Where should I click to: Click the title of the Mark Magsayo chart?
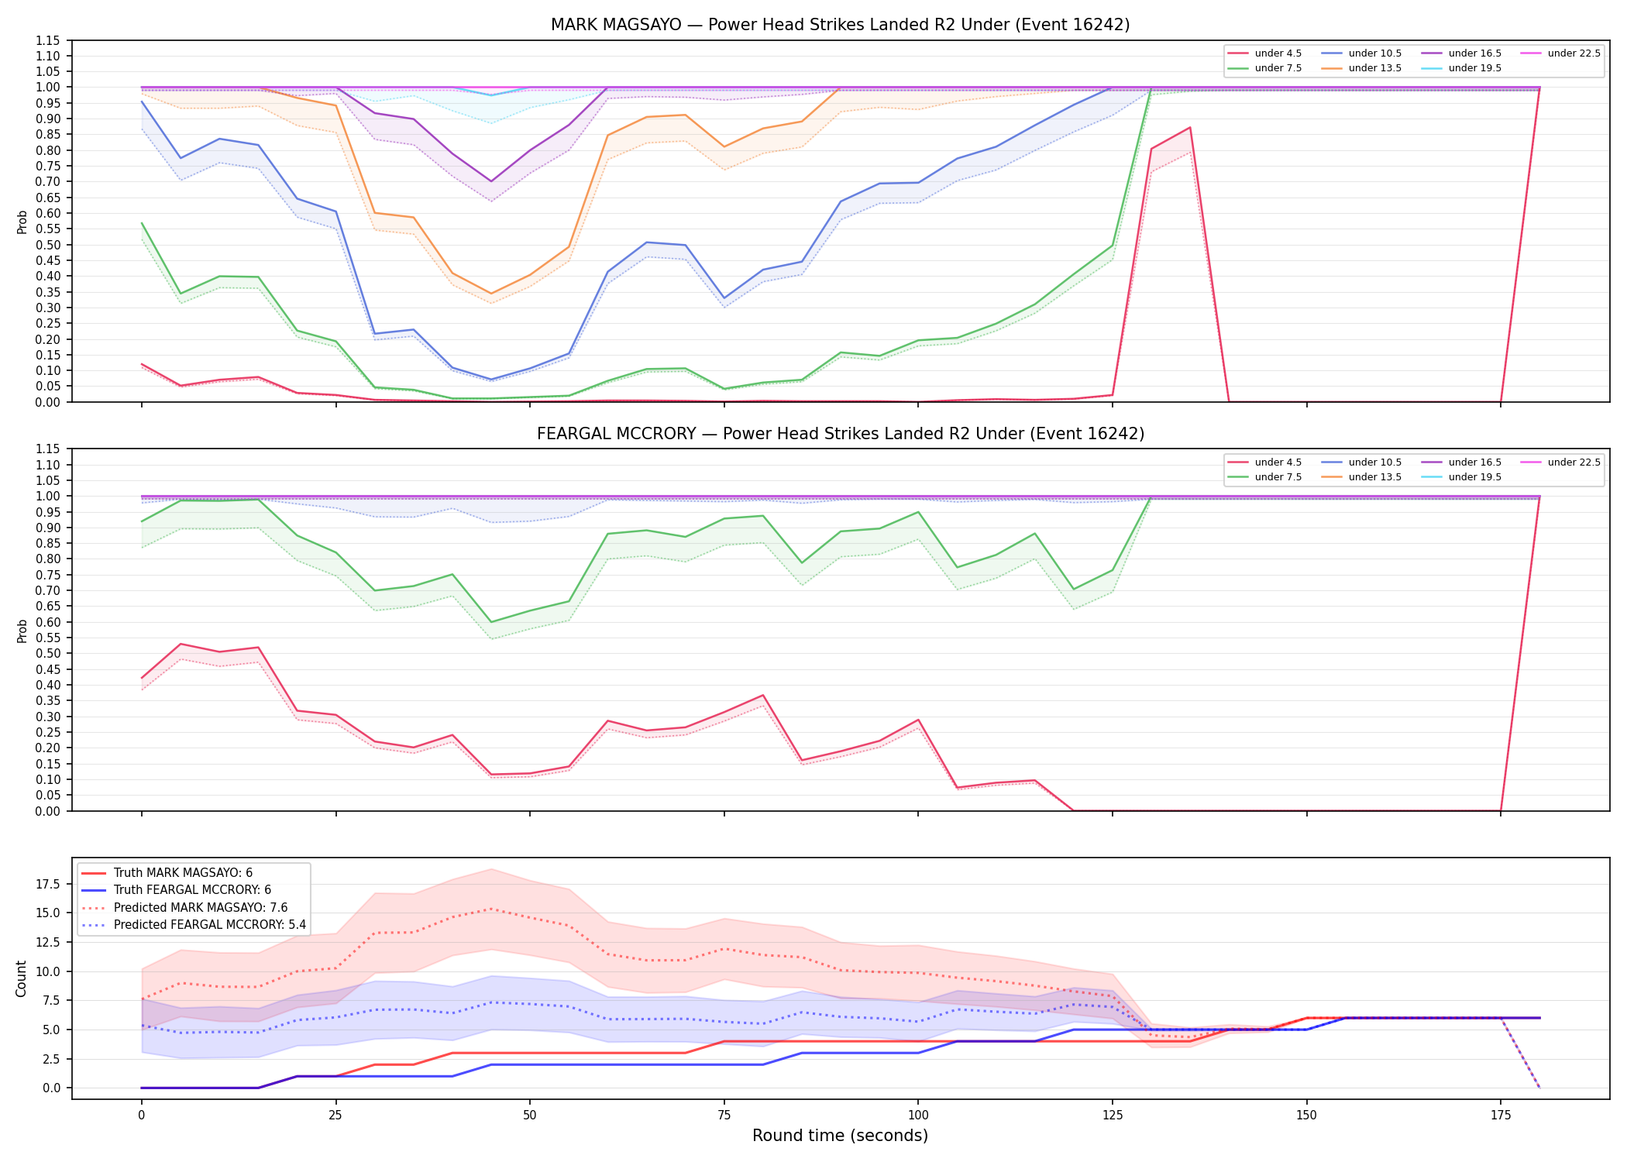click(x=840, y=25)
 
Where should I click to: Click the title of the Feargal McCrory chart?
click(x=840, y=434)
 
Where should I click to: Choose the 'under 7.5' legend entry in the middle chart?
click(x=1265, y=477)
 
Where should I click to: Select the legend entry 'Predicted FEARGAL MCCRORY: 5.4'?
click(x=194, y=925)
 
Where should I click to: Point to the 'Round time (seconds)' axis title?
click(x=840, y=1136)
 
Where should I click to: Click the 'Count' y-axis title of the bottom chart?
click(x=21, y=978)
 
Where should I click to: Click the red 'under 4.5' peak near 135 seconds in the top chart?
click(x=1190, y=128)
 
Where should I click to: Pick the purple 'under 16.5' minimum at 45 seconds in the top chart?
click(x=490, y=181)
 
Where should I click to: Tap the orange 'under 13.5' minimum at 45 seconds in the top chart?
click(x=490, y=294)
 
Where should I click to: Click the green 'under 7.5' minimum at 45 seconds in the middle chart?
click(x=490, y=622)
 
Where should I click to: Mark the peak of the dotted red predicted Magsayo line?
click(x=490, y=909)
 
